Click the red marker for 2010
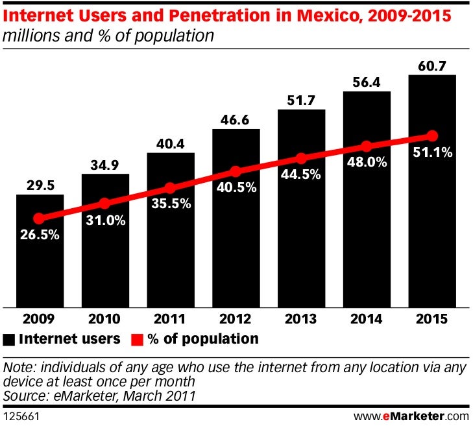105,203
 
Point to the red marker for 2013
301,158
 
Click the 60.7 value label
432,65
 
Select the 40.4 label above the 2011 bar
171,143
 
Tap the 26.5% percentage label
40,235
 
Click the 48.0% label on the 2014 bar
367,163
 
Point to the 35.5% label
171,204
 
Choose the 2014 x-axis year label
367,318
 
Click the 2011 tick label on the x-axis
171,318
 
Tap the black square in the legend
9,339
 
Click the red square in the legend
136,339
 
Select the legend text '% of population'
202,338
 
